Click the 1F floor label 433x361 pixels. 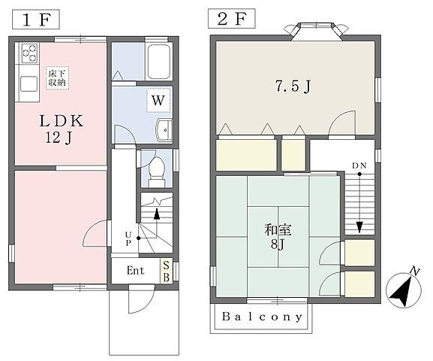[36, 20]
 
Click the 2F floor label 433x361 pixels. [231, 19]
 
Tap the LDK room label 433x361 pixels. [61, 121]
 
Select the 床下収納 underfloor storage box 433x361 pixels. [58, 78]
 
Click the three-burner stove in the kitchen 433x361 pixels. [29, 53]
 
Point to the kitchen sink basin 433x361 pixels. [29, 83]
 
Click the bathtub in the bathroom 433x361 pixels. [158, 62]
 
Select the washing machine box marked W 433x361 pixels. [158, 101]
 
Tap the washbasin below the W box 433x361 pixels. [164, 130]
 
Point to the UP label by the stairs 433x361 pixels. [128, 238]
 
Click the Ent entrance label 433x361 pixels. [135, 271]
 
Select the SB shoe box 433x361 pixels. [167, 271]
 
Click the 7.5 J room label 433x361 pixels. [293, 86]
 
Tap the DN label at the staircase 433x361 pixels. [359, 165]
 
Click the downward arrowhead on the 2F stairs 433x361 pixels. [359, 227]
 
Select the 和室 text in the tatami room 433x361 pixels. [278, 230]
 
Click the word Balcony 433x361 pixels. [262, 317]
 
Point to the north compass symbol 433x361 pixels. [404, 289]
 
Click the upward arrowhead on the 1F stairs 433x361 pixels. [157, 214]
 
